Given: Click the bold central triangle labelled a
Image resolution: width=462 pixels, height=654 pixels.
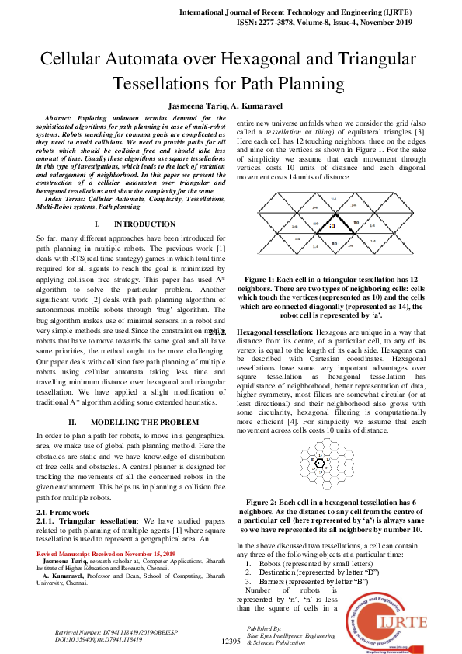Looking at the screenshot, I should coord(332,226).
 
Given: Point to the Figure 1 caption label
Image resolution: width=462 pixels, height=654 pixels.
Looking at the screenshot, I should coord(266,278).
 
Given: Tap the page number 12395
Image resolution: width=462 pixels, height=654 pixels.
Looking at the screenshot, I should coord(231,642).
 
